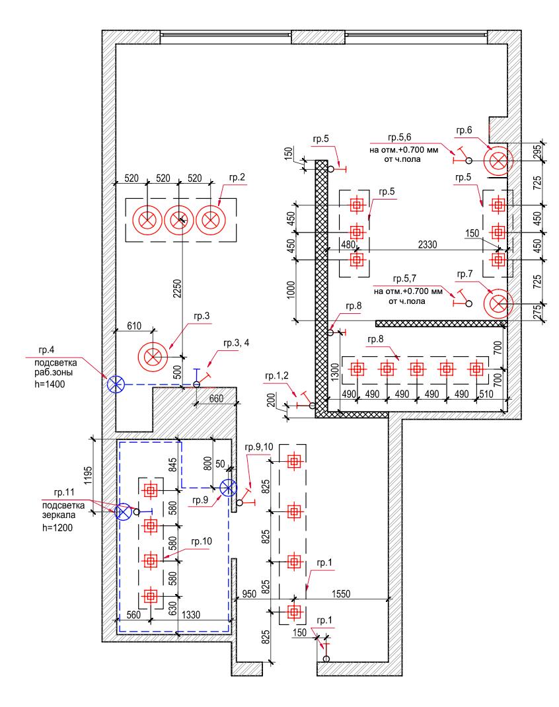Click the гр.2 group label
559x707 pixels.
[x=237, y=178]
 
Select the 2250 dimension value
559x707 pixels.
[x=177, y=289]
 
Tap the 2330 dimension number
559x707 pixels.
[x=428, y=244]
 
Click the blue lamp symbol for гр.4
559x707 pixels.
[x=116, y=384]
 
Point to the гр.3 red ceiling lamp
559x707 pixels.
[x=153, y=357]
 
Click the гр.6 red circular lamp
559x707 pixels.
[x=498, y=161]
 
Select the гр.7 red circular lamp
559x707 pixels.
[x=498, y=303]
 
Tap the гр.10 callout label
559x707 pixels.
[x=202, y=542]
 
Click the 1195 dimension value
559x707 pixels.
[x=88, y=475]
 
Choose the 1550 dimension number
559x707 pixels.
[x=341, y=594]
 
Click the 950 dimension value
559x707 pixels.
[x=249, y=594]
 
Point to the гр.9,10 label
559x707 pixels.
[x=259, y=447]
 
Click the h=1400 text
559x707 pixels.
[x=50, y=384]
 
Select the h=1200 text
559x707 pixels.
[x=57, y=527]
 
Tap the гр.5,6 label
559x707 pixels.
[x=399, y=137]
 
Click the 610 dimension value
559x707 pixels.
[x=134, y=326]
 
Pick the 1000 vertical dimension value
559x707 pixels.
[x=291, y=289]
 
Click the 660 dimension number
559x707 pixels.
[x=216, y=398]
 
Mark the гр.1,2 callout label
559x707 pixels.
[x=277, y=375]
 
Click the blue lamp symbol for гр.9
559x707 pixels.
[x=228, y=488]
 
